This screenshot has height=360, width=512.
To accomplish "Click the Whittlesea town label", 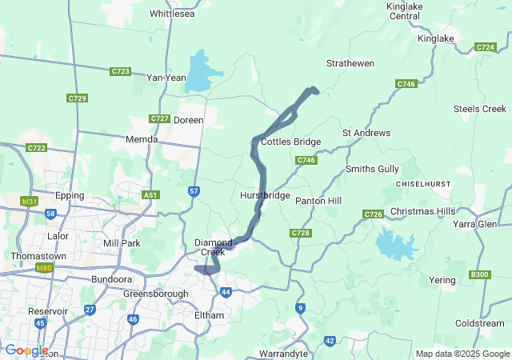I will click(x=172, y=14).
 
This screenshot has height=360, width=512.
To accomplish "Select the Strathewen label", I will click(x=350, y=62).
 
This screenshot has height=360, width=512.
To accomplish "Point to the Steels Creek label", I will click(x=479, y=109).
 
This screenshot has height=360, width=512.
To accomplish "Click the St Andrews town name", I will click(x=366, y=132).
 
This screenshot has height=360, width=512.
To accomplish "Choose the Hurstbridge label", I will click(x=264, y=195).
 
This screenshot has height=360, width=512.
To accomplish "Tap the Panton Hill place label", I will click(x=318, y=200).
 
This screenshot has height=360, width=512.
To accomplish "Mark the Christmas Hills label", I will click(x=422, y=211).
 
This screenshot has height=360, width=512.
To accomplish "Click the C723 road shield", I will click(x=120, y=71).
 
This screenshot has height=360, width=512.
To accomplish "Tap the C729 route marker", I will click(x=77, y=98).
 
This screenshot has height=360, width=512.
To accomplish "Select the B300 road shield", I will click(x=479, y=274).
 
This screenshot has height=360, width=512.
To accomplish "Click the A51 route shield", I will click(x=150, y=194).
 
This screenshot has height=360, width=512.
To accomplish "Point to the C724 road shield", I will click(x=485, y=47).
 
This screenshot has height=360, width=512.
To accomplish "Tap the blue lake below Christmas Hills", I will click(x=394, y=243).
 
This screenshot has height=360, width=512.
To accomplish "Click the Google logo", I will click(x=26, y=350).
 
